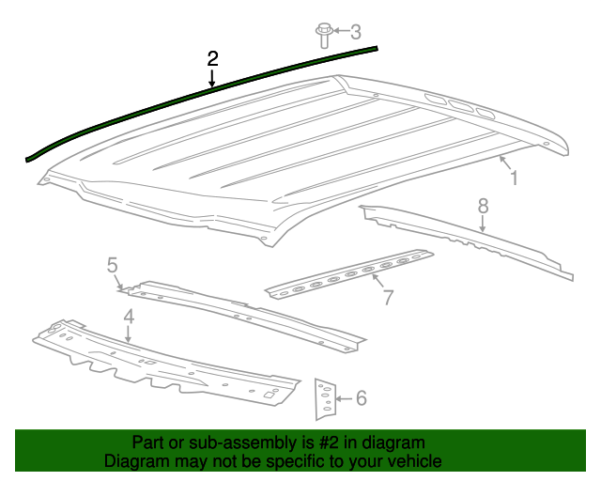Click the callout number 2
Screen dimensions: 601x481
click(x=212, y=58)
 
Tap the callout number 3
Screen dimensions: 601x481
click(x=356, y=32)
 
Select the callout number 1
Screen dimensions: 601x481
click(x=514, y=178)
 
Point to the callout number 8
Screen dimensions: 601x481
click(x=483, y=206)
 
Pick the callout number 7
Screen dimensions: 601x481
click(x=388, y=297)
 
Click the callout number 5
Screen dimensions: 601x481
click(x=113, y=265)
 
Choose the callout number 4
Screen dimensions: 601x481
click(x=129, y=318)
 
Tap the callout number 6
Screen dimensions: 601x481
click(x=361, y=397)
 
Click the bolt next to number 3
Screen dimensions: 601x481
click(x=324, y=36)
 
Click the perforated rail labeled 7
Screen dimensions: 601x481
click(x=349, y=274)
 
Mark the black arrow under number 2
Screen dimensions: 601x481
click(x=211, y=78)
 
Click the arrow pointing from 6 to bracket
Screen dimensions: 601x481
click(x=344, y=399)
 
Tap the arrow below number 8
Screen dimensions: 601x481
click(x=483, y=224)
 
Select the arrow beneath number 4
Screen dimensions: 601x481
click(x=129, y=334)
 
